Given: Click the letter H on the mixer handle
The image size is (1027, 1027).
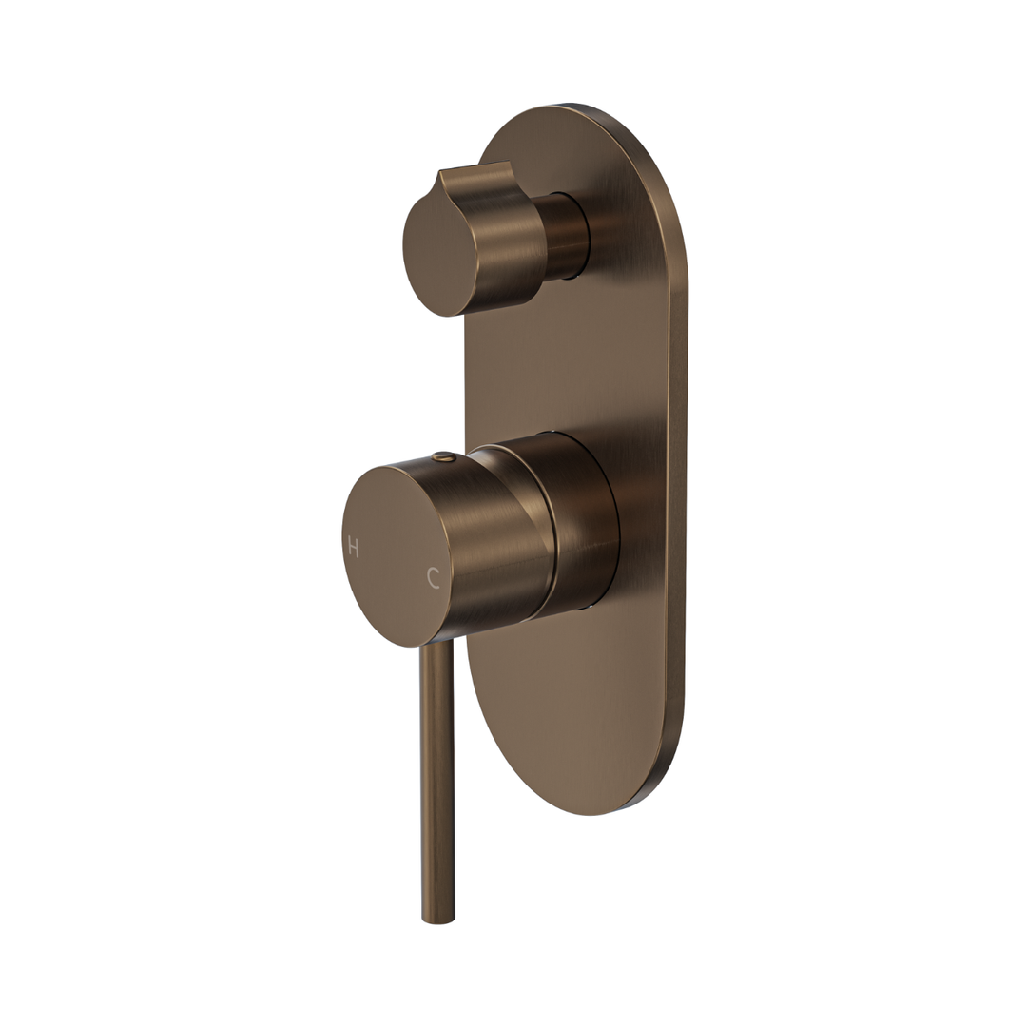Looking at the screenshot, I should [x=353, y=548].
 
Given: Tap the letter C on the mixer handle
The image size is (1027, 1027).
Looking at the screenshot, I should [x=434, y=578].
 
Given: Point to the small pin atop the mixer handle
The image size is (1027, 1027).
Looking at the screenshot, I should [x=437, y=457].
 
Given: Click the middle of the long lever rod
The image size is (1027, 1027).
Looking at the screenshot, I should [x=437, y=780].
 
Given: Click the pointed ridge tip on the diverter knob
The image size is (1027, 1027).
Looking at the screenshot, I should [x=439, y=178].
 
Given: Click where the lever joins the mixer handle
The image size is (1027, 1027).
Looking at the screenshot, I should [x=436, y=647].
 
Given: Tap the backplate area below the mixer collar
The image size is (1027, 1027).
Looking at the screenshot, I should [x=571, y=704].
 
